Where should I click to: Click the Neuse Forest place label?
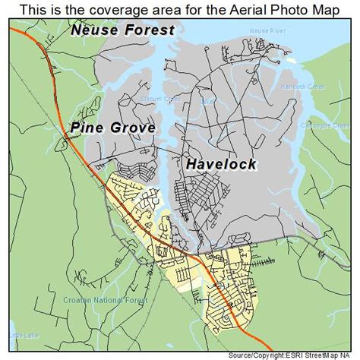click(x=122, y=31)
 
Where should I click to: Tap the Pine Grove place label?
click(x=113, y=128)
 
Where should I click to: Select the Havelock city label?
click(x=220, y=164)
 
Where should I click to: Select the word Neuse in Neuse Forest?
click(x=94, y=31)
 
